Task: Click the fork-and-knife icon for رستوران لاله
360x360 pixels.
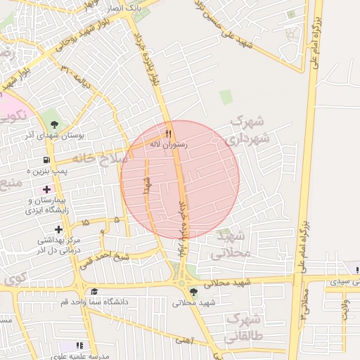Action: [168, 134]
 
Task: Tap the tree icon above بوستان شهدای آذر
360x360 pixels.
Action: [54, 124]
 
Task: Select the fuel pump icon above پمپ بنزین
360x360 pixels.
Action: [47, 160]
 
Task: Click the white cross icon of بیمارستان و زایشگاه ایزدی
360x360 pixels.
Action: [47, 189]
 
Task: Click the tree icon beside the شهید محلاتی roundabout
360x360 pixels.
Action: [194, 292]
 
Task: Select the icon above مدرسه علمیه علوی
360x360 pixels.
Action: [79, 346]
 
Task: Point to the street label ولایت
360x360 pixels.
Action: [345, 310]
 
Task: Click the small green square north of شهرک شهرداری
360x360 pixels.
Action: [226, 96]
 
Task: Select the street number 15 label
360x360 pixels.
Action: [85, 222]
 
